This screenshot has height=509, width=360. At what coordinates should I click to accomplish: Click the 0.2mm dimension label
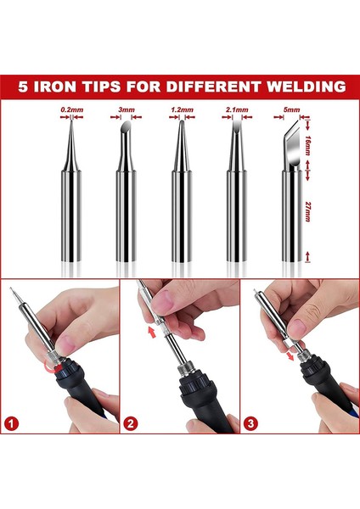point(72,109)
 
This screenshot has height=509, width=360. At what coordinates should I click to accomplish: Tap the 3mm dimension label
point(127,109)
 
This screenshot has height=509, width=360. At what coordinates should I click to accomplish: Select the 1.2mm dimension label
point(182,109)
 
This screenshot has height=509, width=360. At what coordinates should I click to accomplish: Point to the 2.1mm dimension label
point(237,109)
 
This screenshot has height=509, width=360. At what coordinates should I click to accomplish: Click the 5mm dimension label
point(291,109)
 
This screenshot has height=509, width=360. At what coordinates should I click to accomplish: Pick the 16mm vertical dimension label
point(307,144)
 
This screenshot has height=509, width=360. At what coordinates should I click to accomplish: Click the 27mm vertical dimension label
point(307,211)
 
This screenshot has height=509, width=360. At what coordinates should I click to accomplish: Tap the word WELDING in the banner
point(306,87)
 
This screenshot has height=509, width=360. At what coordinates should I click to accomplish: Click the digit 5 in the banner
point(23,87)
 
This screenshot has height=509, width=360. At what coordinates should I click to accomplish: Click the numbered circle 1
point(12,423)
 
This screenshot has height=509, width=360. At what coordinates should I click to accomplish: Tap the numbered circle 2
point(130,423)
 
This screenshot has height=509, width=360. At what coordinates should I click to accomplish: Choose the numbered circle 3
point(250,423)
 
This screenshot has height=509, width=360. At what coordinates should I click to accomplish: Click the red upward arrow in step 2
point(152,332)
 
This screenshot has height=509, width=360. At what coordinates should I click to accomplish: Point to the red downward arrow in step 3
point(290,355)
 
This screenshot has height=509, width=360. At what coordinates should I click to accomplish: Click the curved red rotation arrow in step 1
point(52,367)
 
